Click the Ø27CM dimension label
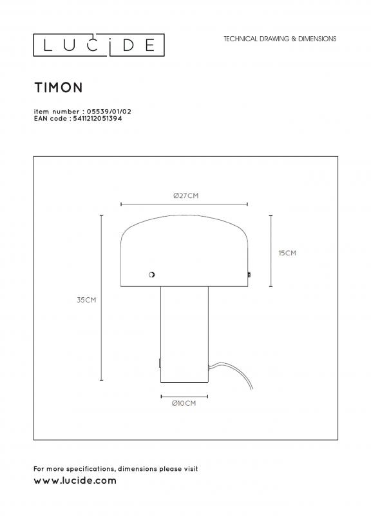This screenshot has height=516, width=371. [x=185, y=196]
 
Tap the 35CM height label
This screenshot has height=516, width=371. [x=86, y=300]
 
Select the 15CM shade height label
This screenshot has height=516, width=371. [x=287, y=253]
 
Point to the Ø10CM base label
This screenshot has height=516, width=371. [x=184, y=404]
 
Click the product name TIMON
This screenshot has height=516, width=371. [x=59, y=88]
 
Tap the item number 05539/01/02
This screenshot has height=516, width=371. [x=109, y=112]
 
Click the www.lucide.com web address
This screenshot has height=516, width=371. [x=75, y=481]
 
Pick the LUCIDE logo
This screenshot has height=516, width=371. [x=99, y=45]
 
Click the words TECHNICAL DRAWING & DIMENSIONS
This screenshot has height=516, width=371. [x=280, y=39]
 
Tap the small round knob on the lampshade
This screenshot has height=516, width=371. [x=151, y=275]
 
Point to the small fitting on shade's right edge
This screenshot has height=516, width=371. [x=249, y=275]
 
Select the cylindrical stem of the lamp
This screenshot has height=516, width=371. [x=184, y=334]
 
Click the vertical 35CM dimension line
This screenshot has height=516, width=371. [x=101, y=298]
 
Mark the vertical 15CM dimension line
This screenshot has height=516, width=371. [x=271, y=251]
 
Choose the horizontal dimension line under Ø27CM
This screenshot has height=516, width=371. [x=184, y=204]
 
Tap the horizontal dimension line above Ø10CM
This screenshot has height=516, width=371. [x=184, y=397]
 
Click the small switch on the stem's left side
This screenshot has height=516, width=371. [x=159, y=363]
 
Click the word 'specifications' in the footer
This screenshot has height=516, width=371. [x=91, y=469]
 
